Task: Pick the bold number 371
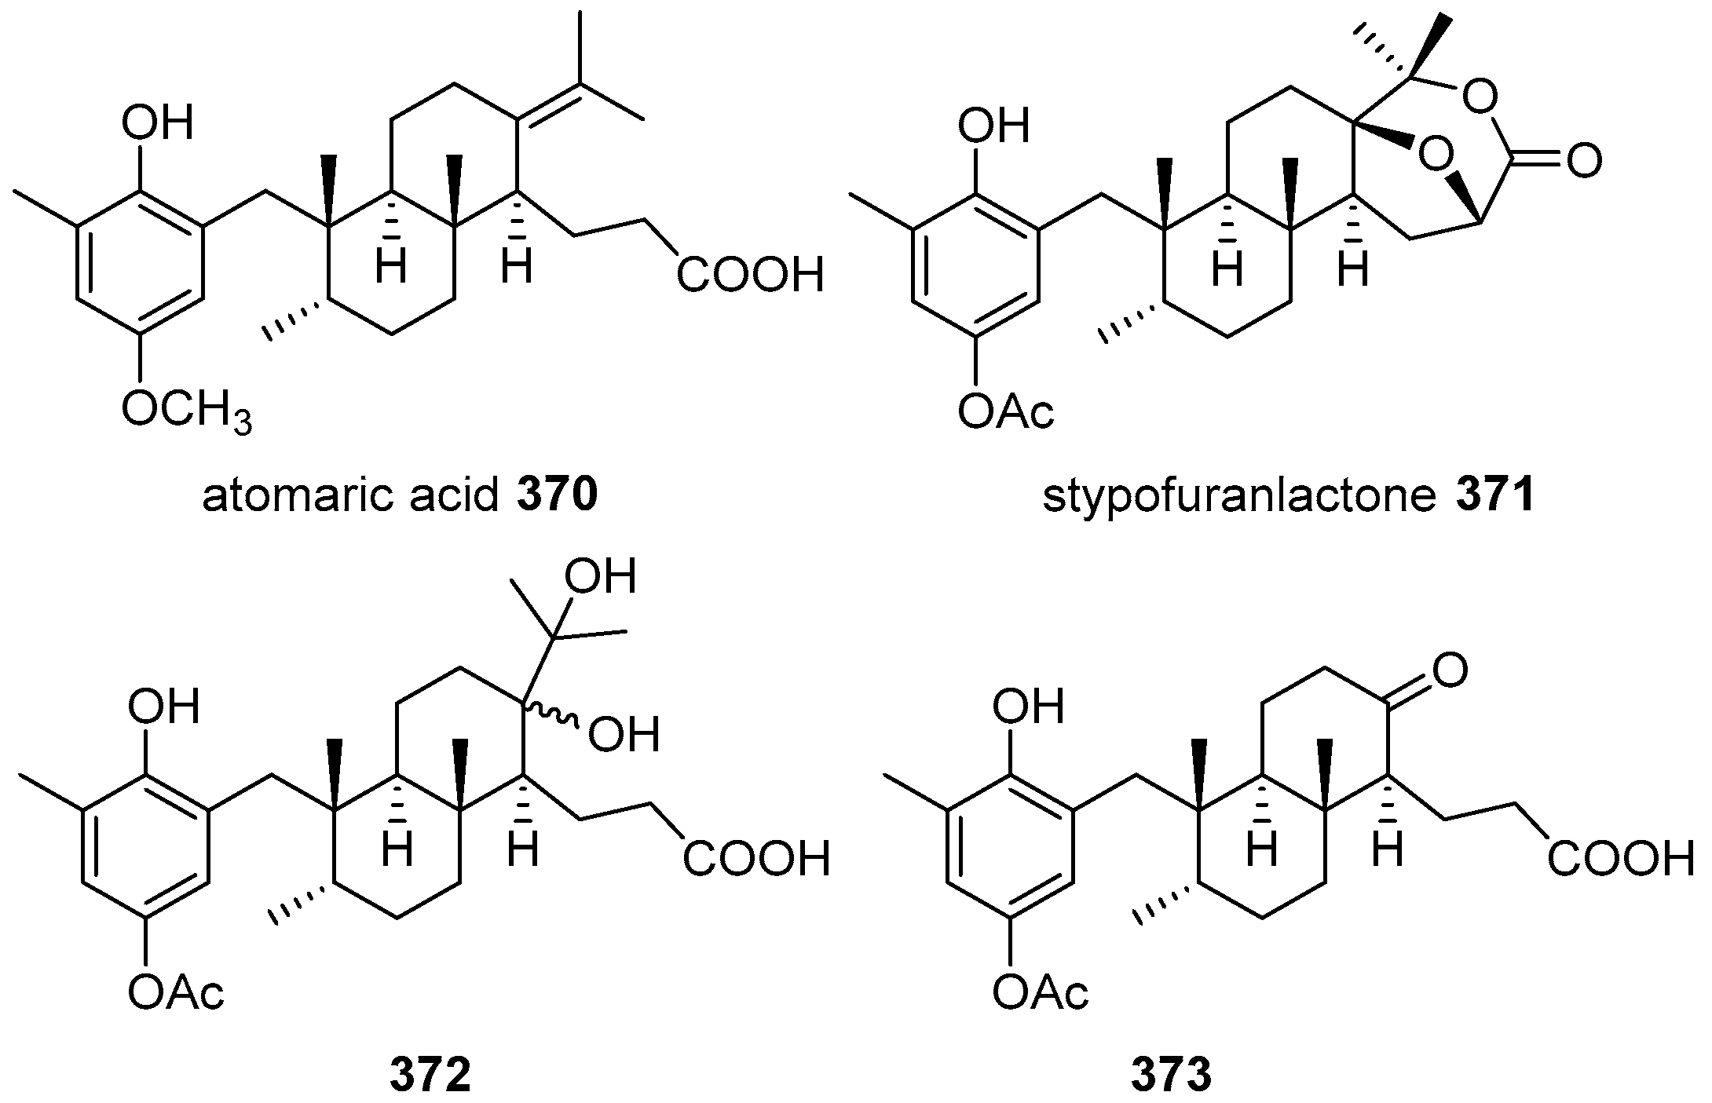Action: click(x=1494, y=497)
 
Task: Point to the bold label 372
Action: click(x=430, y=1076)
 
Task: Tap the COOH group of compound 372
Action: click(x=755, y=859)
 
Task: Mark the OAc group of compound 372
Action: click(x=176, y=992)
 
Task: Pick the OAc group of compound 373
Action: click(x=1040, y=992)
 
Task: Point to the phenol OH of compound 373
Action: click(x=1027, y=707)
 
